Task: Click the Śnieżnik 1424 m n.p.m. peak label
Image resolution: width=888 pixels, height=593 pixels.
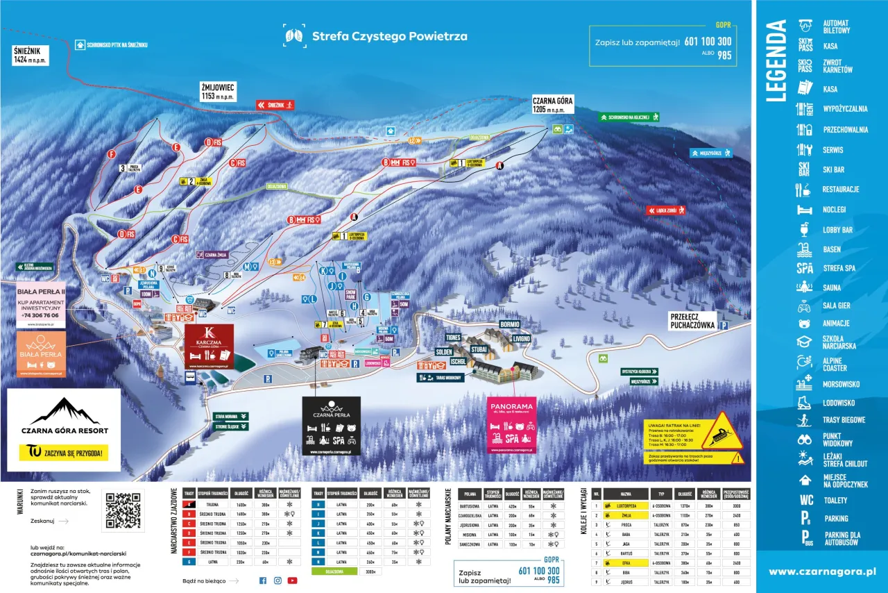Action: click(29, 55)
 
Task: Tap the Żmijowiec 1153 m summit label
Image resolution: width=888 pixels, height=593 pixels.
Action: click(218, 90)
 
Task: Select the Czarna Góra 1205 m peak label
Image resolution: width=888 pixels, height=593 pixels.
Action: click(552, 104)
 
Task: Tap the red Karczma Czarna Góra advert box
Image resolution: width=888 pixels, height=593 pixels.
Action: click(210, 346)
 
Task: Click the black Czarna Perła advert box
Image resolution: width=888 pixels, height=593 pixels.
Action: click(331, 425)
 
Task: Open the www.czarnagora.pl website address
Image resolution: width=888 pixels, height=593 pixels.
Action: click(822, 571)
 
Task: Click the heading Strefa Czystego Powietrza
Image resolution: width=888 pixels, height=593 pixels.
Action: click(389, 36)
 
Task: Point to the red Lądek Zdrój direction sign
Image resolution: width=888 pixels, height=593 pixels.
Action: click(666, 210)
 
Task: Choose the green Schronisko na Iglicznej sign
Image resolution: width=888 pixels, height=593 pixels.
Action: click(629, 117)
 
